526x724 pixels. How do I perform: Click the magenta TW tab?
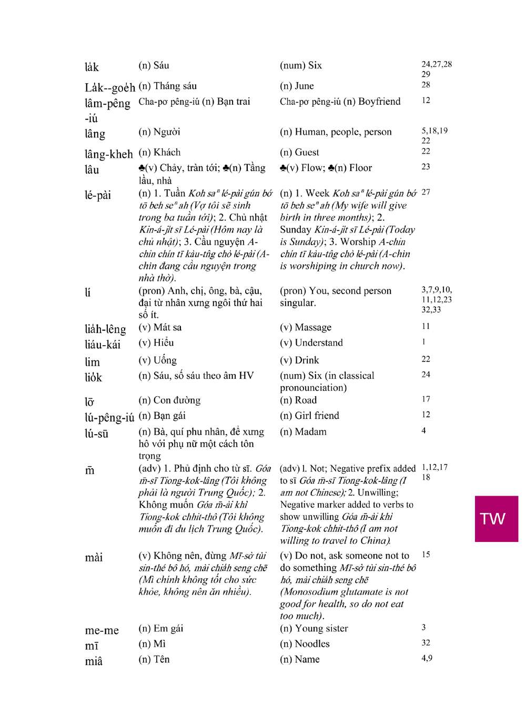(x=496, y=519)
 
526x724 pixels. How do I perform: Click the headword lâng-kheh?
(x=108, y=154)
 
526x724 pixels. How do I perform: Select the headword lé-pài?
(x=98, y=195)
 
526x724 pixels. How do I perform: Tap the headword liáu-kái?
(x=103, y=345)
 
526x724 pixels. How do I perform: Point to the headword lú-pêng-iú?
(x=109, y=418)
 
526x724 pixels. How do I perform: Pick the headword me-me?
(x=102, y=630)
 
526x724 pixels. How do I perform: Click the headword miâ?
(x=94, y=661)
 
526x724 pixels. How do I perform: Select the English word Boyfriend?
(x=379, y=102)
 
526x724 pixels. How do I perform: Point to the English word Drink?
(x=307, y=360)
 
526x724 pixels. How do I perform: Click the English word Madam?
(x=310, y=432)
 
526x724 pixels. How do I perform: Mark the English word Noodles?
(x=312, y=644)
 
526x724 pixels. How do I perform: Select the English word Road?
(x=306, y=400)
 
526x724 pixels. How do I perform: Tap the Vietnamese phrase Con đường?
(x=177, y=400)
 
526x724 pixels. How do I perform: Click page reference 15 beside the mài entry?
(x=426, y=555)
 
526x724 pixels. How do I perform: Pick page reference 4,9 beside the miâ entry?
(x=427, y=658)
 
